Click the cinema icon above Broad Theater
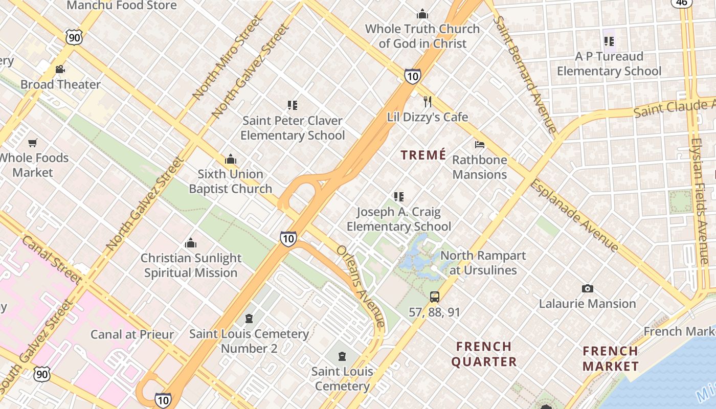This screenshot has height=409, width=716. [60, 69]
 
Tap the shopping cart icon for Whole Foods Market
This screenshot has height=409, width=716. [33, 143]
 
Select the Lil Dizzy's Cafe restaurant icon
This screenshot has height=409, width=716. [428, 102]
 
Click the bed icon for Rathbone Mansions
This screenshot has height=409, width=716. [479, 145]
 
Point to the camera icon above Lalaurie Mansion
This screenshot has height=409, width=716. [587, 289]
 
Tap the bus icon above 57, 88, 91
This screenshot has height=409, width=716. [434, 297]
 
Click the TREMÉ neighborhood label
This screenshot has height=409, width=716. [423, 155]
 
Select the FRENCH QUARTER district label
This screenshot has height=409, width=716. [484, 354]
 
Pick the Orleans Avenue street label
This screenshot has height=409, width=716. [360, 286]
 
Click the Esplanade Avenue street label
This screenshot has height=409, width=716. [574, 215]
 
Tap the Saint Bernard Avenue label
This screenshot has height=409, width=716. [525, 74]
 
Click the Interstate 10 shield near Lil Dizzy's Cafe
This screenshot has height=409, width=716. [412, 76]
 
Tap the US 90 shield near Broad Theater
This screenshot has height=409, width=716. [74, 36]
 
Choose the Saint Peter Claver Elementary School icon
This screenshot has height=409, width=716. [292, 105]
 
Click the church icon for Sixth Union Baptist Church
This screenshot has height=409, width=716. [231, 159]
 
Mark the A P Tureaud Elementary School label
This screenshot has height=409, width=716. [609, 63]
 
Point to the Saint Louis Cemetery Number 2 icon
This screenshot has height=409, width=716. [249, 319]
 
